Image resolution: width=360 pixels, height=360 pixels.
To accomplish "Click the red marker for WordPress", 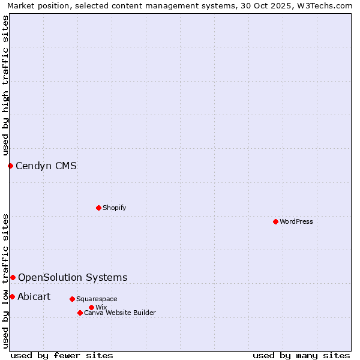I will tap(275, 221).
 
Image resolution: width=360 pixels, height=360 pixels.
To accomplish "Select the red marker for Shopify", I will tap(98, 208).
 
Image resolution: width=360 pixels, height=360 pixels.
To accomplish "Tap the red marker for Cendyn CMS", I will tap(10, 166).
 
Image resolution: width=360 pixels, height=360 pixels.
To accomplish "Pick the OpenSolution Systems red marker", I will tap(13, 277).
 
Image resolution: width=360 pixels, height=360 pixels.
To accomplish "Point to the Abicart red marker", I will tap(12, 296).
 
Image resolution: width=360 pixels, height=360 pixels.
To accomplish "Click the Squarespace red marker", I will tap(72, 299).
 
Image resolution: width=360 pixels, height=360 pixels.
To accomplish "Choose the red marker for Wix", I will tap(91, 307).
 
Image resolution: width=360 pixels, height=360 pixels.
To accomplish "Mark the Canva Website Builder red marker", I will tap(80, 313).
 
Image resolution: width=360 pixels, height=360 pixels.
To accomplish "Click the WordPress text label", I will tap(296, 221).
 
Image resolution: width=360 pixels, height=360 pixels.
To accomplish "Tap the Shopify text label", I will tap(115, 208).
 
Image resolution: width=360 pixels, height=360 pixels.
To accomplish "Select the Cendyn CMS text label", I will tap(46, 166).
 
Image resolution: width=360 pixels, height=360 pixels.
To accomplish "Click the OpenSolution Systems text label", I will tap(73, 277).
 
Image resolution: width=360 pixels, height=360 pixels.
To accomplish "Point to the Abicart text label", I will tap(34, 296).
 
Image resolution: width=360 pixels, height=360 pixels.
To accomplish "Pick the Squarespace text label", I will tap(97, 299).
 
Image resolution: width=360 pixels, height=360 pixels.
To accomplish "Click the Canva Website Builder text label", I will tap(120, 313).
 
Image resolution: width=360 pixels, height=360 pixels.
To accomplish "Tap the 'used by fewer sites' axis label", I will tap(62, 355).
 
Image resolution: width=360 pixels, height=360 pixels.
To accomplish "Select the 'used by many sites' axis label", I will tap(301, 355).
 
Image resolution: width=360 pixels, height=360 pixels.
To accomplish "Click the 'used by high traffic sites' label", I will tap(5, 85).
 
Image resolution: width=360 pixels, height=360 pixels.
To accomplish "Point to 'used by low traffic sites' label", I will tap(5, 281).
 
